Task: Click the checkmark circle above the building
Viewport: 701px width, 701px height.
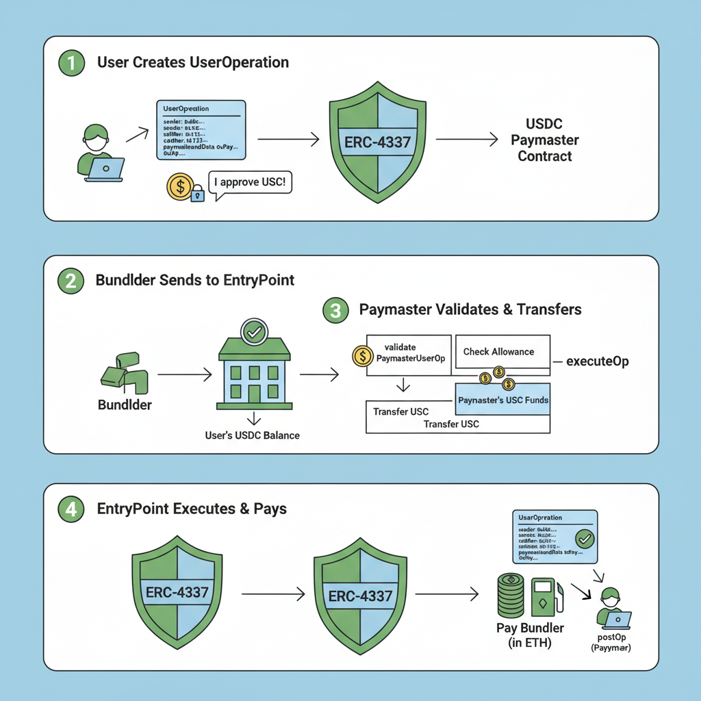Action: coord(255,333)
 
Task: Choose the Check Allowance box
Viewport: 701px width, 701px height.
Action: coord(502,352)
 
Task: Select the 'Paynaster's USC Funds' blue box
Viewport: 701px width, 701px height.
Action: coord(502,400)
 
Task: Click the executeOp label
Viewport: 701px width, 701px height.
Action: coord(598,361)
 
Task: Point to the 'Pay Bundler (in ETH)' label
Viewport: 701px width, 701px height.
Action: coord(531,635)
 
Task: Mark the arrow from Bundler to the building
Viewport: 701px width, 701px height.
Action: coord(184,375)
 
